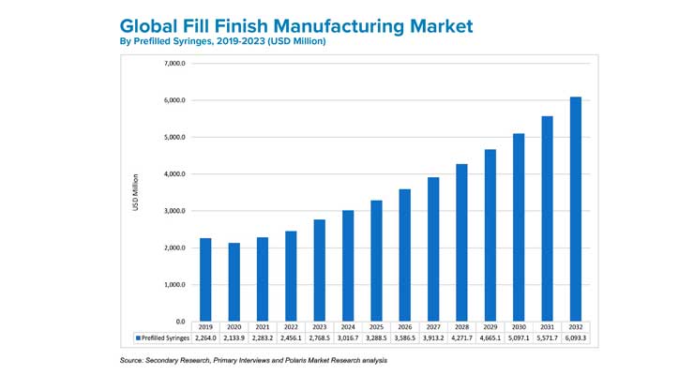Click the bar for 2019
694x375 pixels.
pos(205,279)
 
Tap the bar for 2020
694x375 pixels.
pos(234,282)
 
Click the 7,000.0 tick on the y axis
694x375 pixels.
pos(175,64)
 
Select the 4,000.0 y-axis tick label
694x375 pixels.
pos(175,174)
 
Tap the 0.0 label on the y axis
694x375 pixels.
pos(180,322)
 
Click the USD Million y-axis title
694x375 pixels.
pos(137,192)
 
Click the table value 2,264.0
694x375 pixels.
pos(205,336)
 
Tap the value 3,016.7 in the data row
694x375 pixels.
pos(347,336)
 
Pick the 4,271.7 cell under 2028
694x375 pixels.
pos(460,336)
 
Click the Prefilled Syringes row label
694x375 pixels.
pos(163,336)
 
